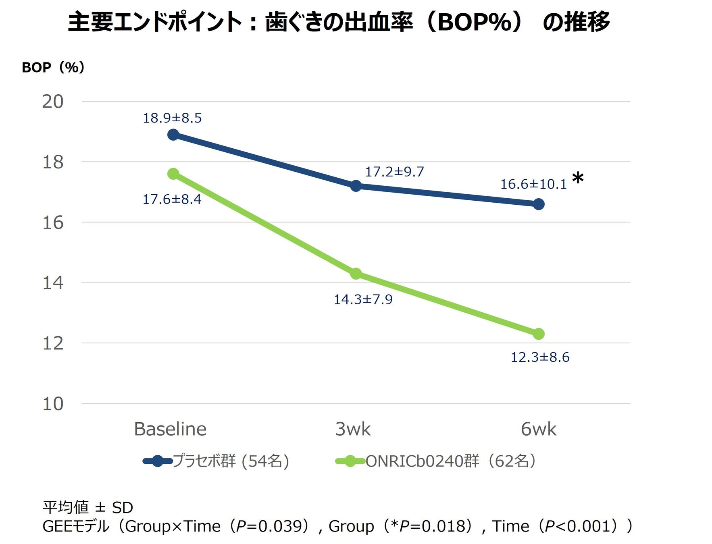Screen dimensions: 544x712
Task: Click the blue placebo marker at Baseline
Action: [x=173, y=135]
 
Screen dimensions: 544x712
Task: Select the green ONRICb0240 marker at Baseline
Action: [x=173, y=174]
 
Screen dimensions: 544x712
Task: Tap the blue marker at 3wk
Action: [x=356, y=186]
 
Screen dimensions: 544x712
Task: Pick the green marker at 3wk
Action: [x=356, y=274]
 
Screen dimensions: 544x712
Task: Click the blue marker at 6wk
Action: [x=539, y=204]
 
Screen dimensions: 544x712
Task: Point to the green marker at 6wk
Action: [x=539, y=334]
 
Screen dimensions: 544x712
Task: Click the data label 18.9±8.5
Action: [x=172, y=118]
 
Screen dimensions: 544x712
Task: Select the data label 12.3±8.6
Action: [x=540, y=357]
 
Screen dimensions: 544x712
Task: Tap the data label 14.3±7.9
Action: [x=363, y=300]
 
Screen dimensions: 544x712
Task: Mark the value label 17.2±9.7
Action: [x=394, y=172]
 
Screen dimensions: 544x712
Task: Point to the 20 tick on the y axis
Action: [x=53, y=102]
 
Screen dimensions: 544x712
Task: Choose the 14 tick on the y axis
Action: [x=53, y=283]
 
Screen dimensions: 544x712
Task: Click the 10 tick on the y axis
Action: [x=53, y=404]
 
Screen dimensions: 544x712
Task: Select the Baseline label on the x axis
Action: [x=170, y=429]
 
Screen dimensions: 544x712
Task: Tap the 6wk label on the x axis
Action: [x=538, y=429]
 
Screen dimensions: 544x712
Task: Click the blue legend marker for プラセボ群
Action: [x=158, y=461]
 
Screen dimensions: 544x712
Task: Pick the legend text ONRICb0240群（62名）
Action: [x=451, y=461]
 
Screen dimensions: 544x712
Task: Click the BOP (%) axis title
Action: [x=53, y=67]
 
